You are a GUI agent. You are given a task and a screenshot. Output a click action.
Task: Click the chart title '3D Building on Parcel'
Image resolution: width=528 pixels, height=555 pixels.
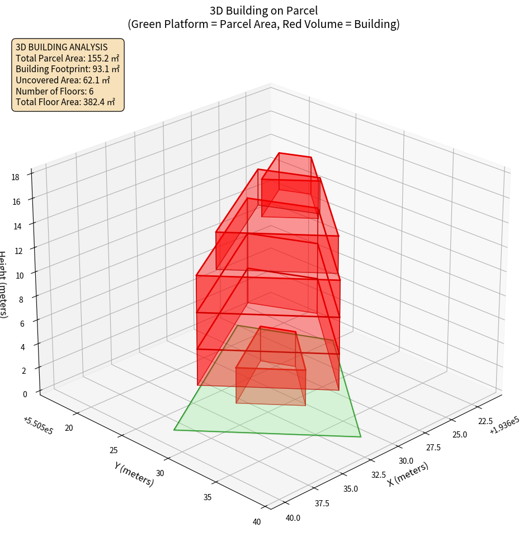click(x=264, y=11)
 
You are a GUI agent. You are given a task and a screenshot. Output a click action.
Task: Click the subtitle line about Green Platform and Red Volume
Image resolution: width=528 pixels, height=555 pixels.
click(x=264, y=24)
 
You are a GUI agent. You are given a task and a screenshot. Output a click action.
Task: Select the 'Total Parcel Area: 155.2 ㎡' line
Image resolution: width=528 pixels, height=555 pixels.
click(x=68, y=58)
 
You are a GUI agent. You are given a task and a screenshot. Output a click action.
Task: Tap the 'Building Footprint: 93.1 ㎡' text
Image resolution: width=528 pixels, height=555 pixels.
click(x=68, y=69)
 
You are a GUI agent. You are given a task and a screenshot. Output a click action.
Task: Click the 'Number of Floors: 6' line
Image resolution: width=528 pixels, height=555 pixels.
click(x=55, y=91)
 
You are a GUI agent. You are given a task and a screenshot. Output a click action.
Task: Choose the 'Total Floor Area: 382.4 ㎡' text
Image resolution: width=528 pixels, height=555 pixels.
click(x=65, y=102)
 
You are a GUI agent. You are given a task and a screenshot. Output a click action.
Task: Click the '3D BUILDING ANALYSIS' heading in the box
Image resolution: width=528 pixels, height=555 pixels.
click(x=62, y=48)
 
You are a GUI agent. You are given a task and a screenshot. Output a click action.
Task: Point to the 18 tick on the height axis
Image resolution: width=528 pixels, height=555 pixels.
click(x=15, y=177)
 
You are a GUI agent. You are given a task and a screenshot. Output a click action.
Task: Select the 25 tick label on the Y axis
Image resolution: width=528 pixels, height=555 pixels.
click(x=114, y=450)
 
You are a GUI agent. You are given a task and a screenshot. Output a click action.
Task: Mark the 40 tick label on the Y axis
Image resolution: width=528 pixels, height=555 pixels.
click(x=256, y=522)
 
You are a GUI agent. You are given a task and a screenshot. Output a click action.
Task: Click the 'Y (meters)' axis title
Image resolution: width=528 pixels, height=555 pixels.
click(x=134, y=473)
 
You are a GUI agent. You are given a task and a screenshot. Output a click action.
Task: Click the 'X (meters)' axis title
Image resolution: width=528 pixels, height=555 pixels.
click(x=408, y=474)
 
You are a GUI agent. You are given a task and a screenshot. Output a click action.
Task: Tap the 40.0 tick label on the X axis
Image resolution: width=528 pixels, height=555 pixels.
click(x=293, y=518)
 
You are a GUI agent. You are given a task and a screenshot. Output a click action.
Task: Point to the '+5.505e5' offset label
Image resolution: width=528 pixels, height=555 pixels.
click(x=38, y=426)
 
